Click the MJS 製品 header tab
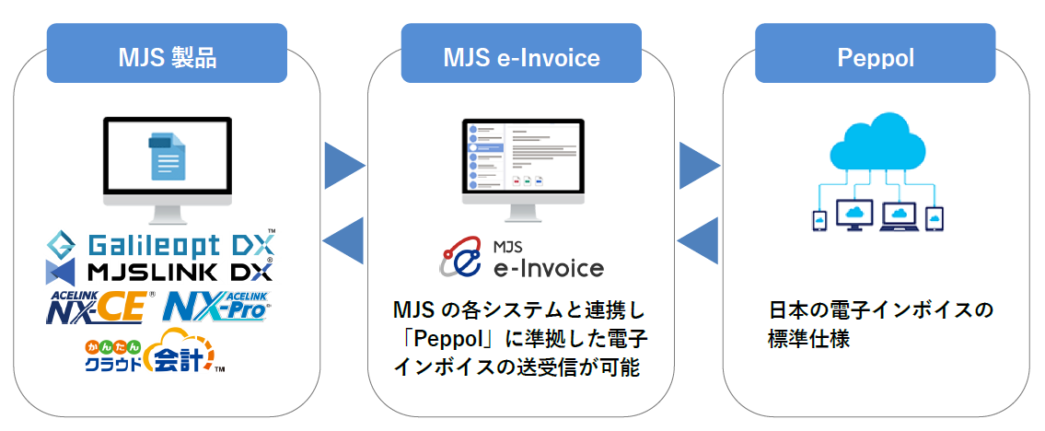(x=167, y=57)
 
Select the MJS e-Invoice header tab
(x=521, y=57)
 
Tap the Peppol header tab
(x=875, y=57)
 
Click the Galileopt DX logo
(x=162, y=245)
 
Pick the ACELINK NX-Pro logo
(x=218, y=306)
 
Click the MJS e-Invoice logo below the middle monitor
(x=522, y=258)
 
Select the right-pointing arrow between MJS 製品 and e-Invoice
(x=343, y=166)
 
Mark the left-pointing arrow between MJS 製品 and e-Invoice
(x=343, y=241)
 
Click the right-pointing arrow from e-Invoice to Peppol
(x=698, y=166)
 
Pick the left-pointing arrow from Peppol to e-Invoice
(x=698, y=241)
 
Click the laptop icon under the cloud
(x=898, y=216)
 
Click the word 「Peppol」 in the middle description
(x=438, y=337)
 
